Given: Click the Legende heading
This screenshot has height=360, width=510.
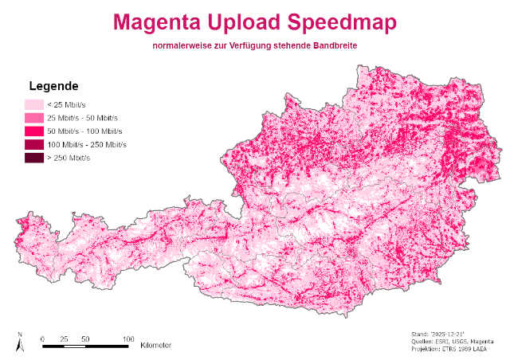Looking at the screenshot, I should (53, 86).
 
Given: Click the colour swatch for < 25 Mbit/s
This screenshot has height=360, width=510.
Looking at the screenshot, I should (33, 104).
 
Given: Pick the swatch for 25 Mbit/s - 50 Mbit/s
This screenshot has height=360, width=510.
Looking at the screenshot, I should (33, 118).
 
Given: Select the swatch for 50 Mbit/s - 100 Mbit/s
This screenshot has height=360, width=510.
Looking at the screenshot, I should (33, 131).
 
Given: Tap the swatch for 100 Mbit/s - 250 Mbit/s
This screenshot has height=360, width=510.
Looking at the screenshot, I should (33, 145).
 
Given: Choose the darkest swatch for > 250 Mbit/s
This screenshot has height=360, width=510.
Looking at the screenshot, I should (33, 158).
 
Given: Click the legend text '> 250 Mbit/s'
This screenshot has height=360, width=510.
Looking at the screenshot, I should (69, 158).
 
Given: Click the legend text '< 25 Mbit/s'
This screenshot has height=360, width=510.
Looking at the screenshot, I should (68, 104).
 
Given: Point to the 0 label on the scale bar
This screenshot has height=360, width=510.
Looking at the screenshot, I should (42, 338).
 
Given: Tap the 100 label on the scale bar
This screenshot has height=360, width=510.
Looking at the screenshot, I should (127, 338).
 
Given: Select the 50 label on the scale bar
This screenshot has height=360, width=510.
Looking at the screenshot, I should (84, 338).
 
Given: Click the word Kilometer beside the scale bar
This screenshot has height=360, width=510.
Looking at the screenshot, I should (155, 346).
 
